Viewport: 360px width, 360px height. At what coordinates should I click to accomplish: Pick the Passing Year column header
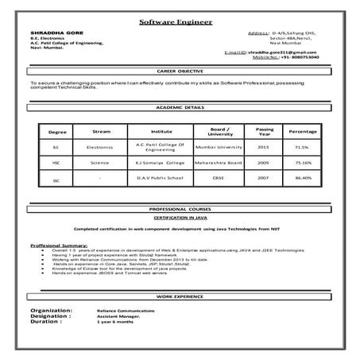coord(265,130)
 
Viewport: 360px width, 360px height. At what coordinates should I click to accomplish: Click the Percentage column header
coord(303,131)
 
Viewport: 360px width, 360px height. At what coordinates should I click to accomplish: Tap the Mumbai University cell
coord(215,148)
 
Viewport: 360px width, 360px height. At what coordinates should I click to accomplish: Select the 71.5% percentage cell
coord(302,148)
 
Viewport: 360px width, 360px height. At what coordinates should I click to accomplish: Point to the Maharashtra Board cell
coord(215,162)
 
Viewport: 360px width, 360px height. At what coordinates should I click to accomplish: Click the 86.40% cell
coord(302,179)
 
